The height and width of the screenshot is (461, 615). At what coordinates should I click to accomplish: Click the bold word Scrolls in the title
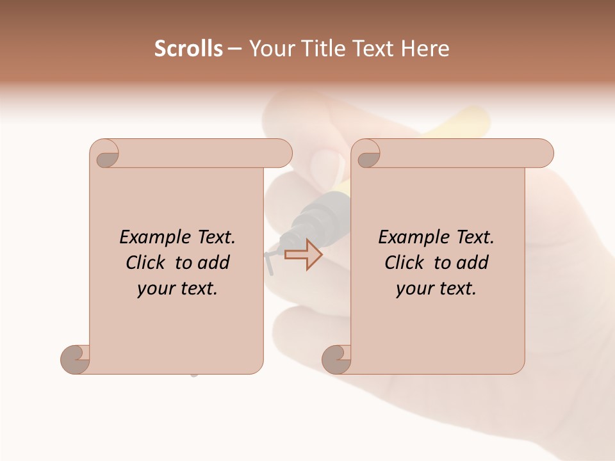tap(188, 49)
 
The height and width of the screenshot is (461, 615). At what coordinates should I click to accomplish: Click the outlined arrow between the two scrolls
tap(303, 254)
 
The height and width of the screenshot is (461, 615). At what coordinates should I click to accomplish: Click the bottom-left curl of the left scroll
tap(75, 359)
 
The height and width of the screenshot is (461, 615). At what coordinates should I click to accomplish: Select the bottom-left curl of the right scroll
tap(336, 359)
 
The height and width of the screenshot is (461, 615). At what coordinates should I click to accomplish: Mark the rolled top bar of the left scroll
tap(199, 153)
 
